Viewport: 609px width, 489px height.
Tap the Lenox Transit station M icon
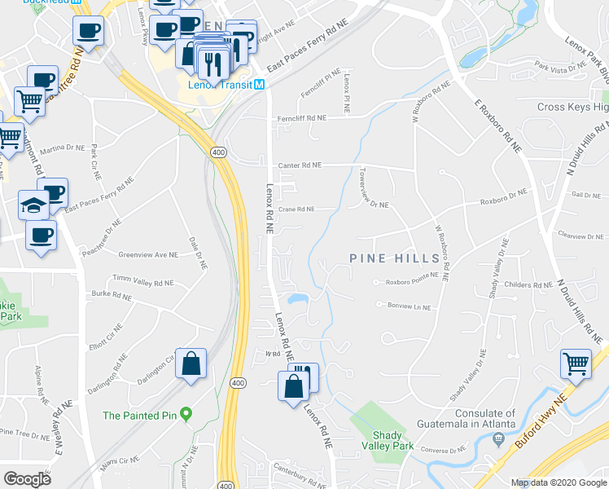click(259, 85)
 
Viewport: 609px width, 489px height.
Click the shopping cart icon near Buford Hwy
click(576, 363)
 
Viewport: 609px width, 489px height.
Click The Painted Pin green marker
click(186, 416)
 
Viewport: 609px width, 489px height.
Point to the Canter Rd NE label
click(299, 165)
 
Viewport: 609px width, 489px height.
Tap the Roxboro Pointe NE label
click(405, 283)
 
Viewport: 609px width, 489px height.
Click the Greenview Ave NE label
click(148, 255)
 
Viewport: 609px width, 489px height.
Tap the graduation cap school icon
click(33, 204)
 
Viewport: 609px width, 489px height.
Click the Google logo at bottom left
click(27, 478)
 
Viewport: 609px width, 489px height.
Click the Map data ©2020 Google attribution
click(559, 482)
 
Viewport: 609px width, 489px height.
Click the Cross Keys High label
click(572, 108)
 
